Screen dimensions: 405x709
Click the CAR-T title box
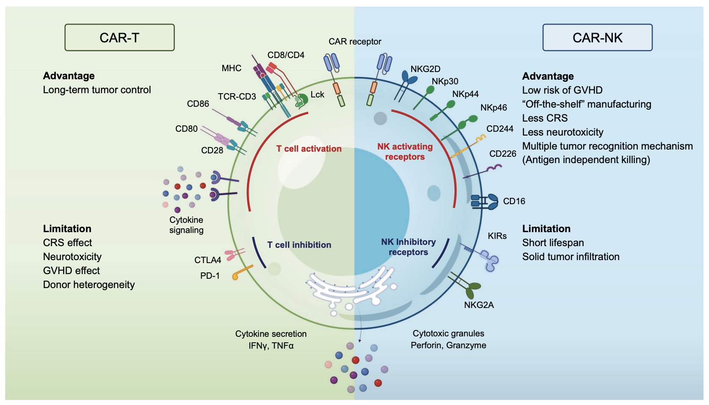pos(119,38)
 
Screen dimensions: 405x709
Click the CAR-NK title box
pos(597,38)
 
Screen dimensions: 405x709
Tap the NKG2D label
pos(425,69)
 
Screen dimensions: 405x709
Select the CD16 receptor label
pos(514,201)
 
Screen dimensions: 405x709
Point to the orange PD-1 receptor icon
pos(242,272)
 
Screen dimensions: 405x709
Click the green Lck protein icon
pos(302,100)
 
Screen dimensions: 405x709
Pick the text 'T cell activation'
pos(309,149)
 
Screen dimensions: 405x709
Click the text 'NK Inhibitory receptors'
pos(408,247)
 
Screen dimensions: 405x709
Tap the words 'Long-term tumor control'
pos(97,90)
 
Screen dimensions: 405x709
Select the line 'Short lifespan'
pos(553,243)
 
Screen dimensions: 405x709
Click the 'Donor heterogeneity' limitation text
pos(89,285)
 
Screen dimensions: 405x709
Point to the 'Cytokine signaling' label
pos(186,225)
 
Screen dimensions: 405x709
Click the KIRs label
pos(497,236)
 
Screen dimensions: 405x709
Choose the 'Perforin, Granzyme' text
pos(448,345)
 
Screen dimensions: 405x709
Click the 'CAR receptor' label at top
pos(355,42)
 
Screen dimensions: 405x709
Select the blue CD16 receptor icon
pos(485,202)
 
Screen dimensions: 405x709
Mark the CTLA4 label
pos(208,260)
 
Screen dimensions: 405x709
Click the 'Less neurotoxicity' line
pos(562,132)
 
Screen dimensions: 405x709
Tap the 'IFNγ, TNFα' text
pos(271,346)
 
